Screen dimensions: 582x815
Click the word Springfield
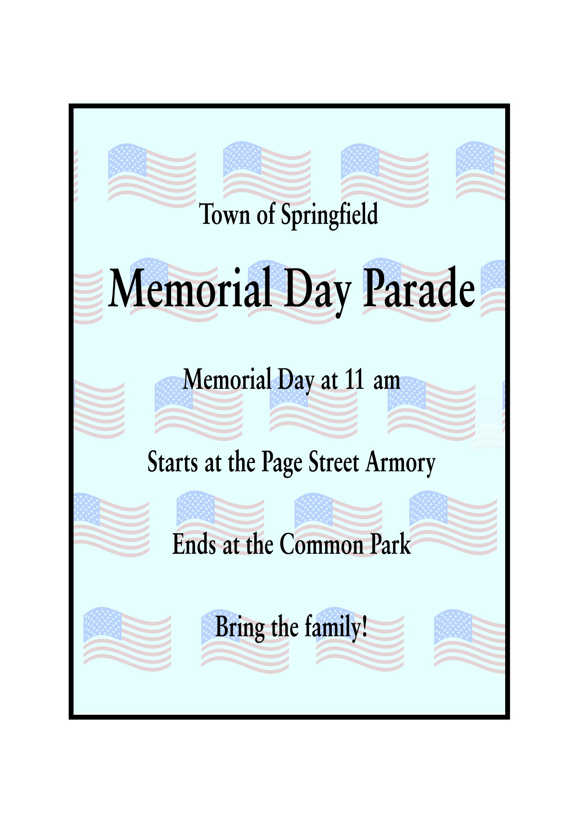click(329, 215)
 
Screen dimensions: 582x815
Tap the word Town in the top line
click(225, 214)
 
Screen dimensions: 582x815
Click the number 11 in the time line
click(354, 379)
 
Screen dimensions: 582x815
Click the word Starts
click(173, 462)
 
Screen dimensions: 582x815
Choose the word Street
click(334, 462)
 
